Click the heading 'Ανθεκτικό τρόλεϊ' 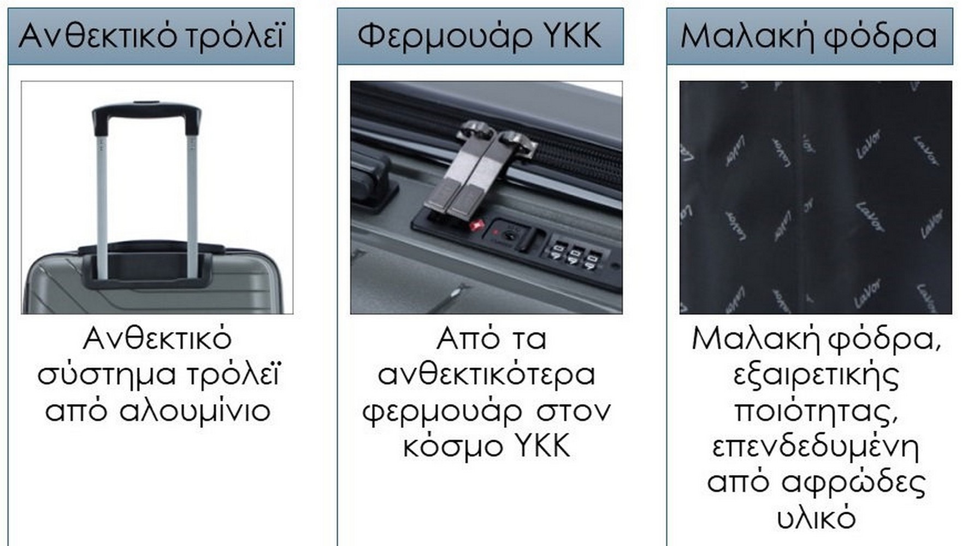pyautogui.click(x=151, y=36)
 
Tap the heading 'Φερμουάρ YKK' pyautogui.click(x=480, y=36)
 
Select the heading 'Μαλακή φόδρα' pyautogui.click(x=808, y=36)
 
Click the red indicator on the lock pyautogui.click(x=477, y=224)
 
